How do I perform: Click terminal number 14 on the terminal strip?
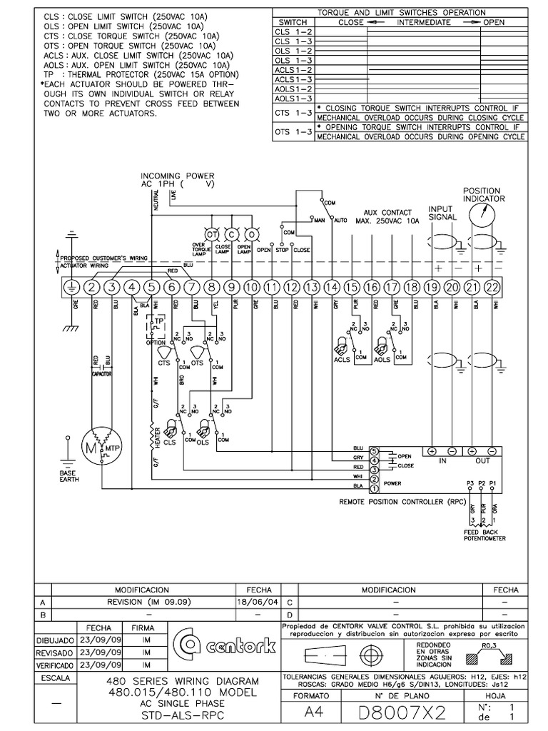[331, 287]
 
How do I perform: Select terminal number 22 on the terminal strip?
[492, 287]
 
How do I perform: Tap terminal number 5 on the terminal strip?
[151, 287]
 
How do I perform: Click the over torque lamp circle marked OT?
[212, 234]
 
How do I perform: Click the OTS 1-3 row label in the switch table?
[293, 132]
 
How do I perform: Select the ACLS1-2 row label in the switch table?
[293, 70]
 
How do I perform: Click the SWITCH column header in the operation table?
[293, 23]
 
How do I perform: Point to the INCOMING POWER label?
[177, 176]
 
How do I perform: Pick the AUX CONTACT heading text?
[388, 213]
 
